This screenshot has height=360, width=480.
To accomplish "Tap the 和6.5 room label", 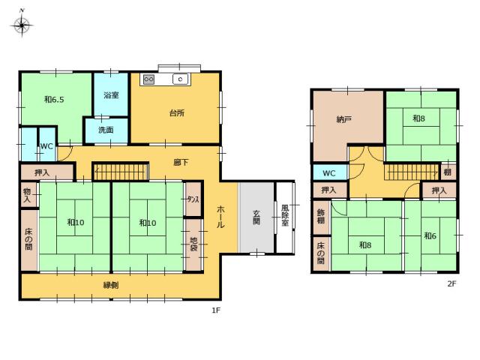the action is click(x=54, y=100).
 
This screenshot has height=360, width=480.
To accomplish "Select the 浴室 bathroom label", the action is click(x=111, y=95).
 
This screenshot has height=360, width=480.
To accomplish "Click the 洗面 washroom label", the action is click(x=106, y=130).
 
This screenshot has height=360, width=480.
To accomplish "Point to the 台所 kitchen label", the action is click(x=177, y=113).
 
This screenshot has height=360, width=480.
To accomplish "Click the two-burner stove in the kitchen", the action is click(x=148, y=79).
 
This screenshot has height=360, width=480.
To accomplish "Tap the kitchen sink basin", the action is click(x=180, y=79).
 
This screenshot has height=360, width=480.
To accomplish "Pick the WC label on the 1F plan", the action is click(x=46, y=146).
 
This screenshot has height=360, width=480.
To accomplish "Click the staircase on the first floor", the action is click(x=121, y=172).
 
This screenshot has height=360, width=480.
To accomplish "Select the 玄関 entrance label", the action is click(x=256, y=217).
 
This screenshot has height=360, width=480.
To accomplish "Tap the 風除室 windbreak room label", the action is click(x=285, y=215).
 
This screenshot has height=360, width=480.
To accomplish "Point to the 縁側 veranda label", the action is click(x=111, y=285).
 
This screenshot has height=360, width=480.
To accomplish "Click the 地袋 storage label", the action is click(x=193, y=244).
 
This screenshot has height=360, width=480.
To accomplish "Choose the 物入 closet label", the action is click(x=27, y=195).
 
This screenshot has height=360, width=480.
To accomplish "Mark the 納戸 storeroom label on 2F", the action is click(x=343, y=119).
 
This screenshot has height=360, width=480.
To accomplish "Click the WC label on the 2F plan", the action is click(x=329, y=173).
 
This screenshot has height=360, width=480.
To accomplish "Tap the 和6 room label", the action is click(x=430, y=235).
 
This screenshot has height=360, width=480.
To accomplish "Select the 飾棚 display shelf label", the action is click(x=321, y=217).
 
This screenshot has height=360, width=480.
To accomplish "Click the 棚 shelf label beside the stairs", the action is click(x=448, y=172).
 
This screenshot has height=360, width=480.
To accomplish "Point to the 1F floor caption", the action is click(x=216, y=310).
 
